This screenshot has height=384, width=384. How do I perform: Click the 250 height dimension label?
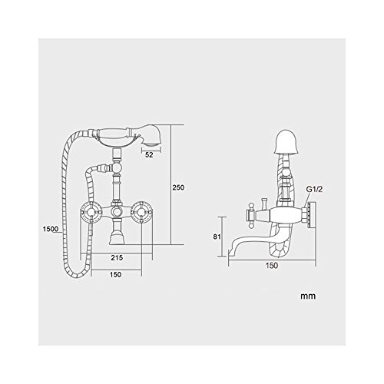click(178, 187)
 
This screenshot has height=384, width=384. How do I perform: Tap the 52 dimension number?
click(149, 155)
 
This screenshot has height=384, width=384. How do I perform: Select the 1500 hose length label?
click(51, 229)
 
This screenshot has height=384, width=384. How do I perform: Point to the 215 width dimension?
click(117, 257)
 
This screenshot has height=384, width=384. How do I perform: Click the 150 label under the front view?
click(115, 274)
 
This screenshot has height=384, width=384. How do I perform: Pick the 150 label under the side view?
click(271, 266)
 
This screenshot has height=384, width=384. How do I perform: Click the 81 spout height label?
click(217, 237)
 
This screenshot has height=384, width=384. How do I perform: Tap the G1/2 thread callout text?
click(315, 190)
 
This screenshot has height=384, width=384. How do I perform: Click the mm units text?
click(308, 296)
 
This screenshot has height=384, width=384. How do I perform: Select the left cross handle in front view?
click(91, 211)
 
